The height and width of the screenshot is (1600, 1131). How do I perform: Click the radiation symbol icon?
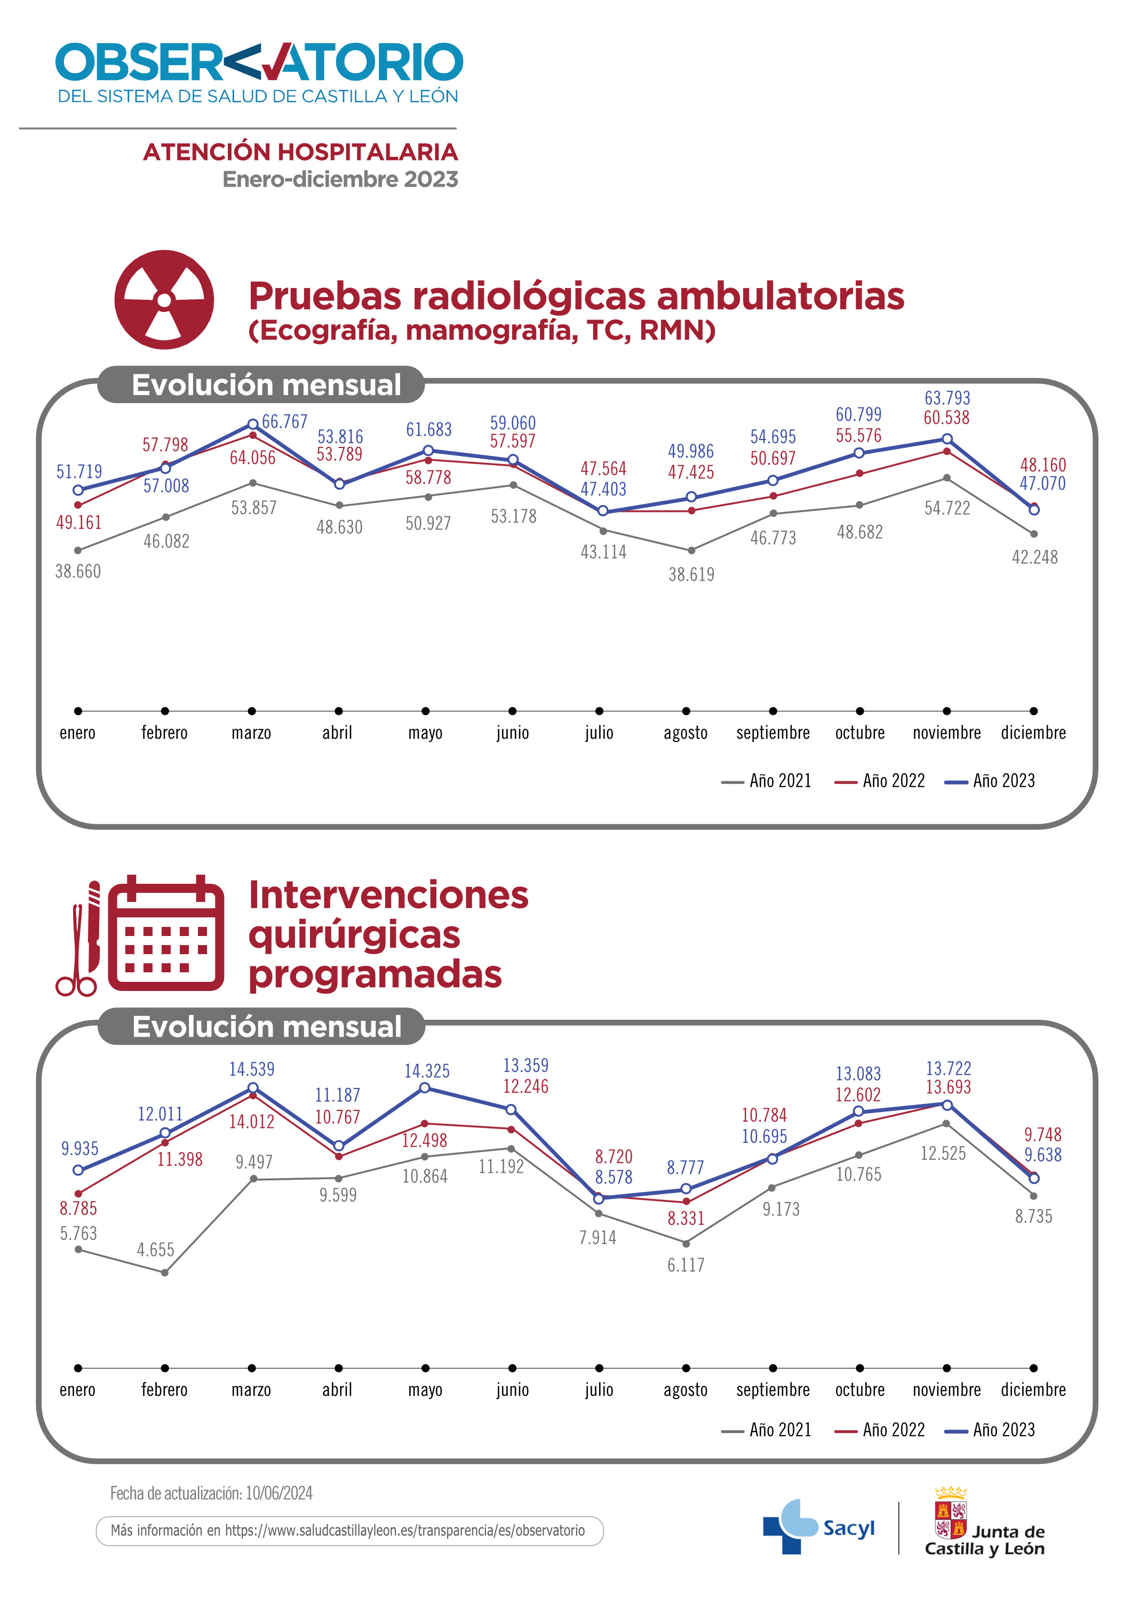[x=164, y=300]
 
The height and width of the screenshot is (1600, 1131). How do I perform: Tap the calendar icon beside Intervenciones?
[x=166, y=933]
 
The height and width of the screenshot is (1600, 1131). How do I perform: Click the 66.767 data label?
[x=284, y=422]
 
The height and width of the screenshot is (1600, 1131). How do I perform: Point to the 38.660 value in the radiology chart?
[x=78, y=571]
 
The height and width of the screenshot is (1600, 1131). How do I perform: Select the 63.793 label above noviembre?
[x=947, y=398]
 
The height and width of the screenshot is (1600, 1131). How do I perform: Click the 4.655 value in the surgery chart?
[x=155, y=1250]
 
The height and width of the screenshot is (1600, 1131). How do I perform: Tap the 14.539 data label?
[x=252, y=1069]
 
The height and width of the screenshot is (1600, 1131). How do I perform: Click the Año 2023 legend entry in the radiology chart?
[x=991, y=780]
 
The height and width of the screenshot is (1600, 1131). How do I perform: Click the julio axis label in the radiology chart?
[x=599, y=732]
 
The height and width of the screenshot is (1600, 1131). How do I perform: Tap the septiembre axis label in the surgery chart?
[x=773, y=1389]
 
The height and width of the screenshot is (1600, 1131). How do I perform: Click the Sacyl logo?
[x=819, y=1527]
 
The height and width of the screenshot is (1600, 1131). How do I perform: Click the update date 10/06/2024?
[x=278, y=1493]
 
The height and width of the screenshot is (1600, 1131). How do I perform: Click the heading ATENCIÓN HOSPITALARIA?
[x=300, y=151]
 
